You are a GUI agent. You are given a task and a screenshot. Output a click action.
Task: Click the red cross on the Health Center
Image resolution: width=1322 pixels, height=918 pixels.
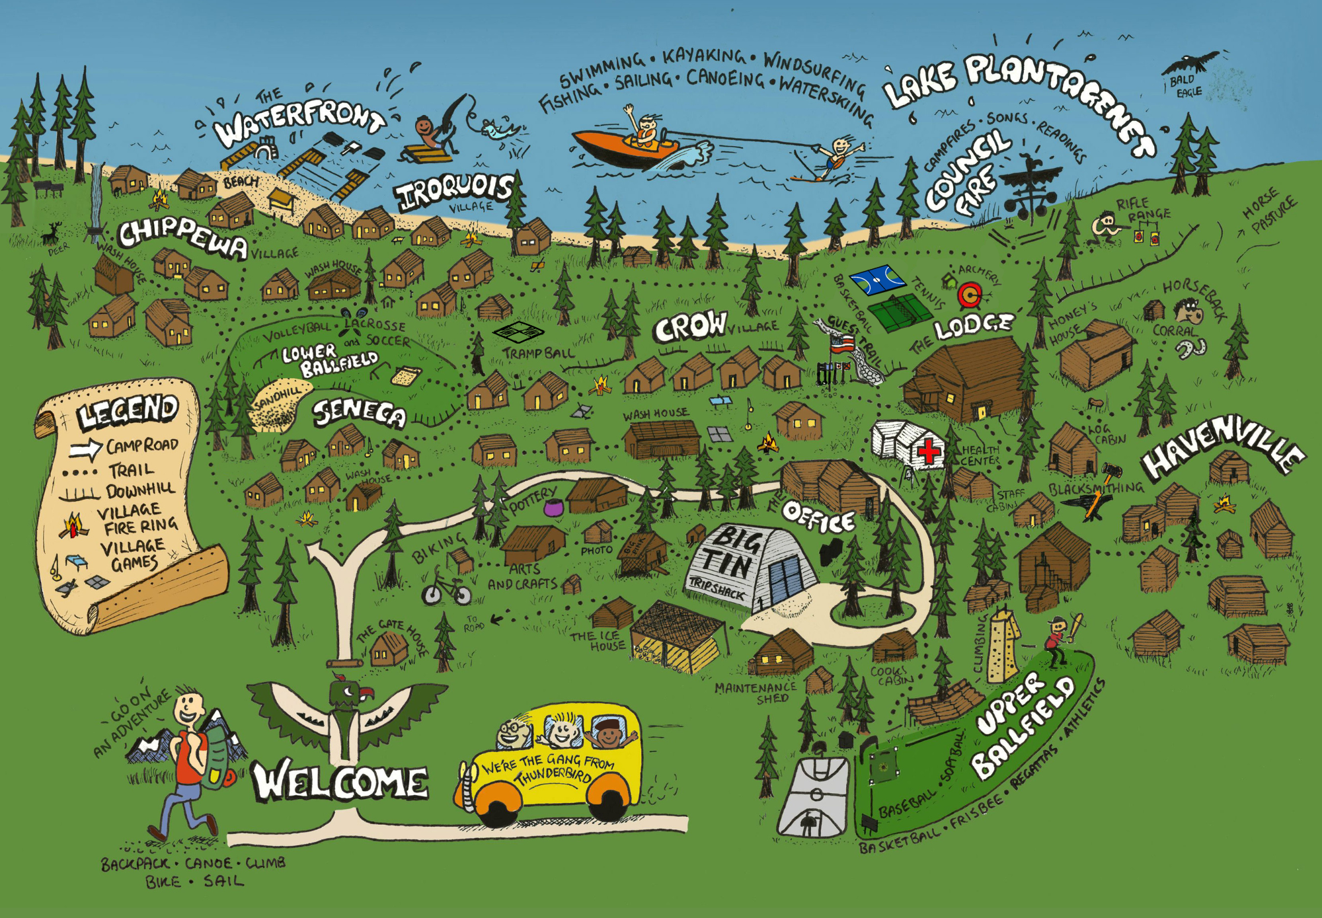[928, 451]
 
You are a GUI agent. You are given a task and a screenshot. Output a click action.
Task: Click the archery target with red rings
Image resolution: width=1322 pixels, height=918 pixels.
[970, 295]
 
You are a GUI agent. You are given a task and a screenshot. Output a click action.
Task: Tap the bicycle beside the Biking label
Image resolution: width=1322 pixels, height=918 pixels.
[447, 589]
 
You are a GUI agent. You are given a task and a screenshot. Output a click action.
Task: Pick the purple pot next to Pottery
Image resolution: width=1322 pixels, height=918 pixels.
[553, 508]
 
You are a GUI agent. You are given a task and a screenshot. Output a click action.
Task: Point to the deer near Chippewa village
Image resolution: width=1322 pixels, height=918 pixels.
[52, 233]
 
